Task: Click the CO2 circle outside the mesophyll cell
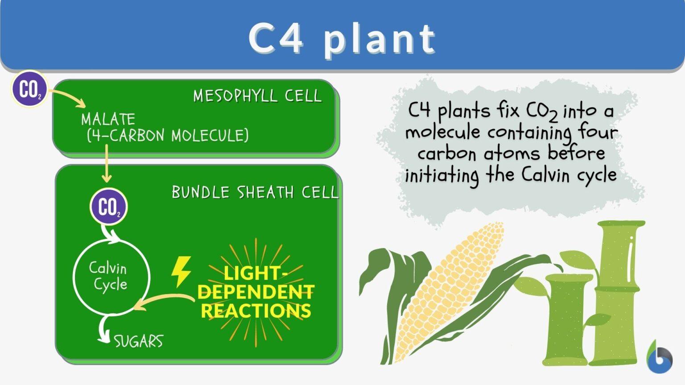(x=29, y=89)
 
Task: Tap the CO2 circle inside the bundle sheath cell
(x=109, y=207)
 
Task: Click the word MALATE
(x=108, y=119)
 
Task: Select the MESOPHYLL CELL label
(x=257, y=96)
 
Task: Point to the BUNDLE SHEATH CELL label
(x=255, y=192)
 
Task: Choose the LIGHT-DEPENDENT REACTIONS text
(x=256, y=292)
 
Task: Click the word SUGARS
(x=138, y=341)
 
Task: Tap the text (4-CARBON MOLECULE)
(x=168, y=135)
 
